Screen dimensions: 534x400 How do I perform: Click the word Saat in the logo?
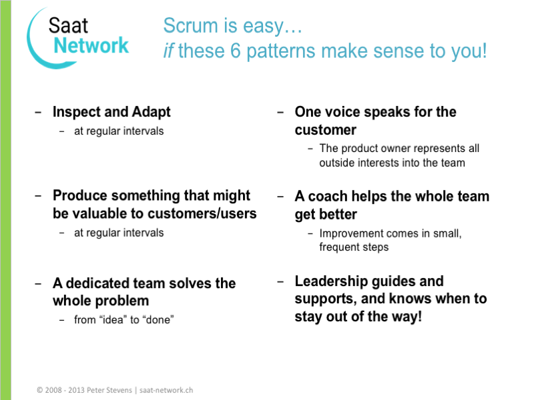point(69,26)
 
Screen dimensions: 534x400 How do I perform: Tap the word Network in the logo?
point(91,45)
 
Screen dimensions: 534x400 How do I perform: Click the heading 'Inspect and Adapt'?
point(111,112)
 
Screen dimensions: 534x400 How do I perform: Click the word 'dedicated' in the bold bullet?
point(99,283)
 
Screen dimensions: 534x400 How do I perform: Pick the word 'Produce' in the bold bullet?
point(79,196)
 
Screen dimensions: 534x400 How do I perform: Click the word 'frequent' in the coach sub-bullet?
point(340,247)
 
